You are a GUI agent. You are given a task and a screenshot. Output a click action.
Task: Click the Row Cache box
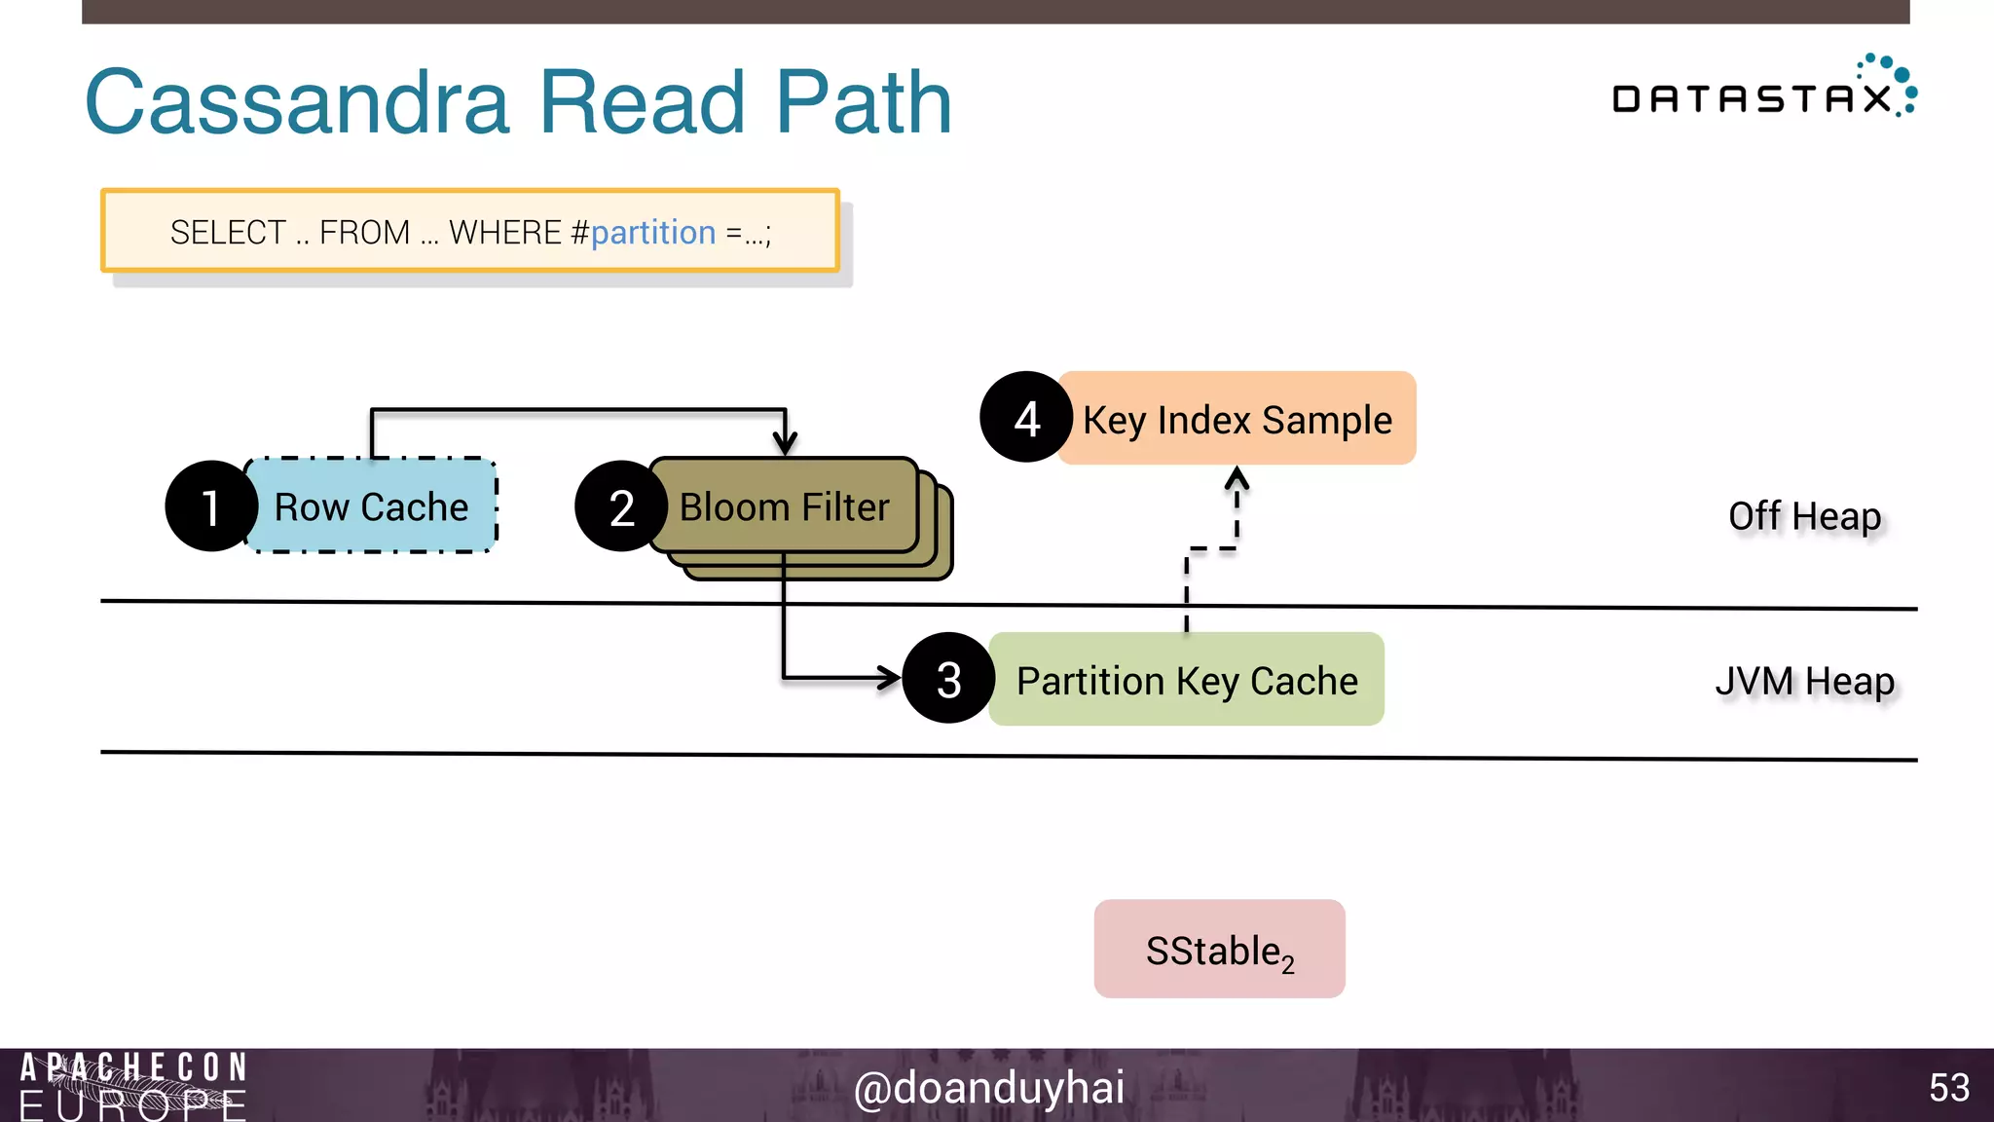tap(372, 506)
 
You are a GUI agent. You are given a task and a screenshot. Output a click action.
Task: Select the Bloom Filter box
tap(785, 506)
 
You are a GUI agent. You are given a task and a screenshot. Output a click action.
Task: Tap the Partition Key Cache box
tap(1186, 680)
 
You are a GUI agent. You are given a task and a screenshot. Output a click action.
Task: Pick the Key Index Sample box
tap(1237, 419)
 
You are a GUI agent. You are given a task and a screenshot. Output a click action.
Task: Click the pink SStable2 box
tap(1219, 950)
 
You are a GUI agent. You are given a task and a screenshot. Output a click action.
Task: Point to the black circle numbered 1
tap(209, 507)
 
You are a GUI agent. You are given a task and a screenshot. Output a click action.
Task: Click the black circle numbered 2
tap(621, 507)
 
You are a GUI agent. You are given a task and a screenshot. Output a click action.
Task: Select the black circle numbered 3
tap(948, 679)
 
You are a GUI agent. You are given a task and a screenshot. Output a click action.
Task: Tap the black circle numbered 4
tap(1026, 419)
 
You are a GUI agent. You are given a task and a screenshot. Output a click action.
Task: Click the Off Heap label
tap(1804, 516)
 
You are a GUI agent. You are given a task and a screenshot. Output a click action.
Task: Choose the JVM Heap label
tap(1804, 681)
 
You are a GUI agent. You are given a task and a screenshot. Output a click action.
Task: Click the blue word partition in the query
tap(652, 233)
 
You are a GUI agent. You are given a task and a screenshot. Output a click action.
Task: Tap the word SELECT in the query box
tap(228, 233)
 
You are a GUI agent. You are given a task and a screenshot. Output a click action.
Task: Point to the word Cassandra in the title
tap(297, 102)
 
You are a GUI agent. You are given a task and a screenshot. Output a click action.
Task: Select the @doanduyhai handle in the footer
tap(988, 1087)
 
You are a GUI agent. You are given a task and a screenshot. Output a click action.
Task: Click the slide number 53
tap(1948, 1087)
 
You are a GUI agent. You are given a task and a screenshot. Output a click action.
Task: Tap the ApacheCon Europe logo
tap(133, 1085)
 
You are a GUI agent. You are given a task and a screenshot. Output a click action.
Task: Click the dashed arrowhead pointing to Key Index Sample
tap(1237, 477)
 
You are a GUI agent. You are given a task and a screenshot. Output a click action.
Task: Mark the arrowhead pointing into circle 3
tap(890, 678)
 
